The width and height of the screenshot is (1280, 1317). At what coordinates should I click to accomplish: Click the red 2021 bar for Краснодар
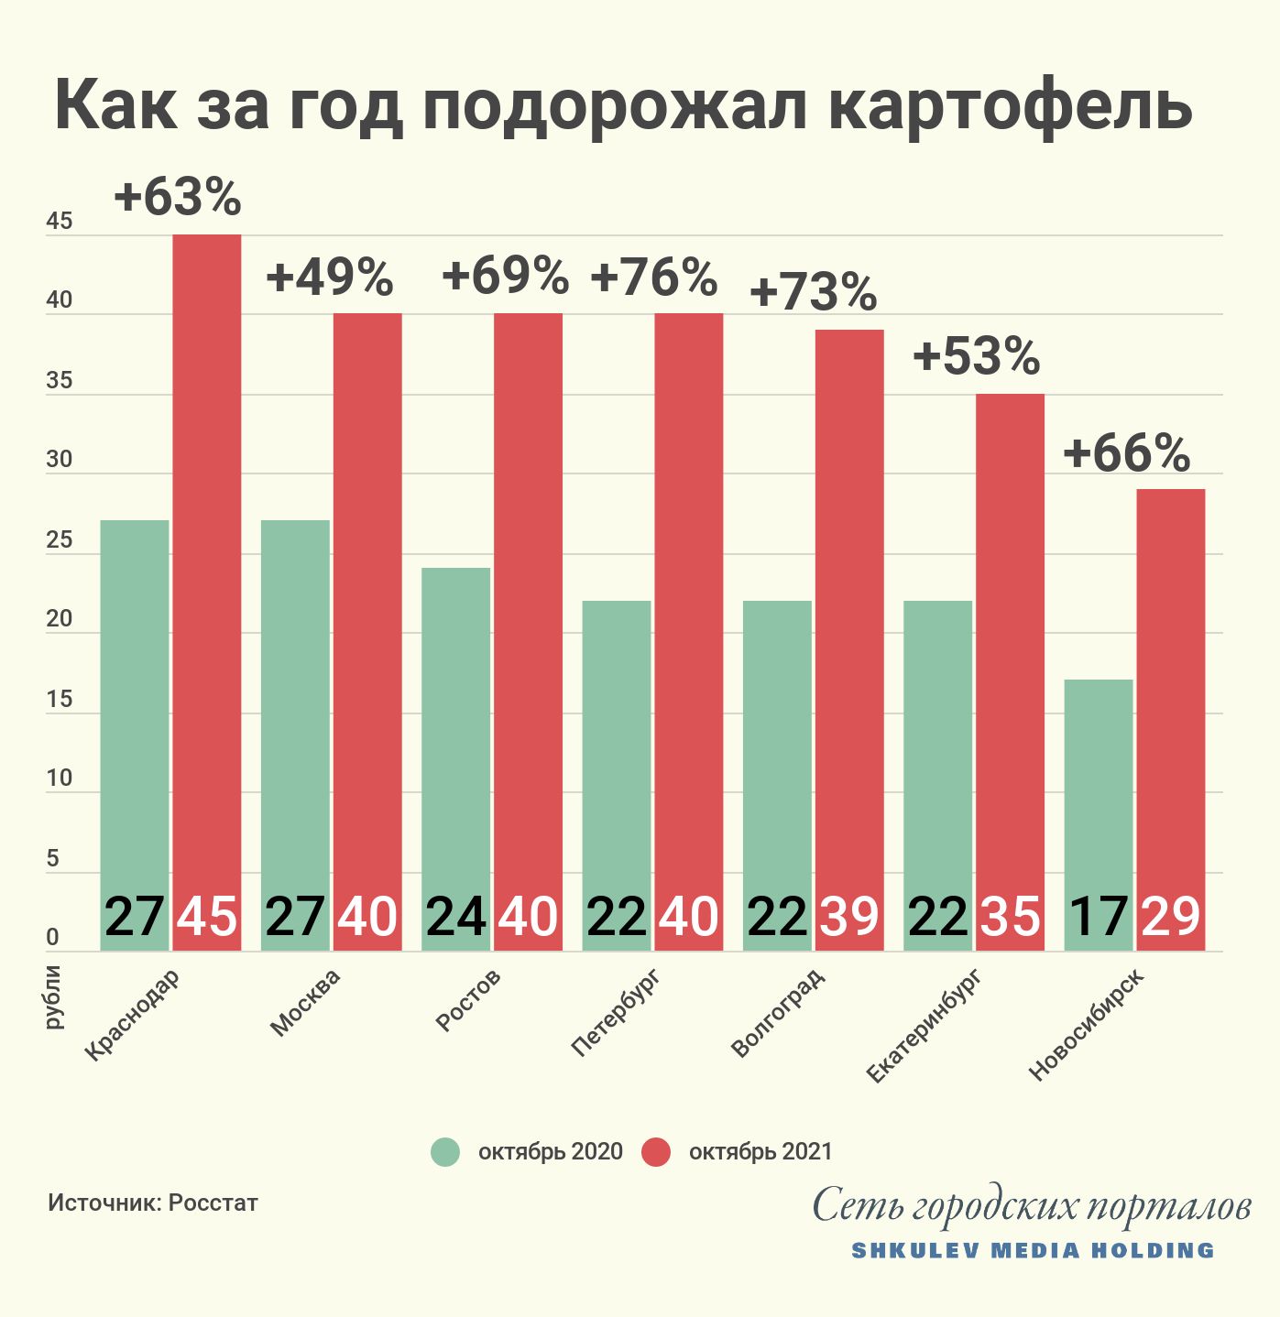(x=207, y=550)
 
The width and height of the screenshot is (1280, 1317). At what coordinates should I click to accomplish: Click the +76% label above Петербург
(x=654, y=278)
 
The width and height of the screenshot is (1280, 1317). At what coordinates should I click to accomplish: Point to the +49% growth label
(x=330, y=278)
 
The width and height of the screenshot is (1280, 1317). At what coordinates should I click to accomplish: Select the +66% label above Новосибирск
(x=1127, y=453)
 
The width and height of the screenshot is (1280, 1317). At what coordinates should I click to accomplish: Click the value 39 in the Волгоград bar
(x=849, y=916)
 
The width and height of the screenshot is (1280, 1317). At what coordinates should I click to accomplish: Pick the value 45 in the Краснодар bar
(x=207, y=916)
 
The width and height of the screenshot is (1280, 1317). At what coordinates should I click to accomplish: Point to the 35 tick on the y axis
(x=59, y=381)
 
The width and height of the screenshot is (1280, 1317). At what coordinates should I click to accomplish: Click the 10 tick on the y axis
(x=59, y=779)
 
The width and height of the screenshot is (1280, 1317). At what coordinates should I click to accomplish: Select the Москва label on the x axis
(x=306, y=1003)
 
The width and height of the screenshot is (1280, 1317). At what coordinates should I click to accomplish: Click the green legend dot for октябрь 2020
(x=446, y=1152)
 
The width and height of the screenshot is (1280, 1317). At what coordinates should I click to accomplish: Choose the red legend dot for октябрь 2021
(x=656, y=1152)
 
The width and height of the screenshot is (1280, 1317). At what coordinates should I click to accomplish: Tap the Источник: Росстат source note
(x=153, y=1203)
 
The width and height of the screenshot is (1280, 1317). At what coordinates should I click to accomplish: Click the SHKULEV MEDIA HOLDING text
(x=1033, y=1251)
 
